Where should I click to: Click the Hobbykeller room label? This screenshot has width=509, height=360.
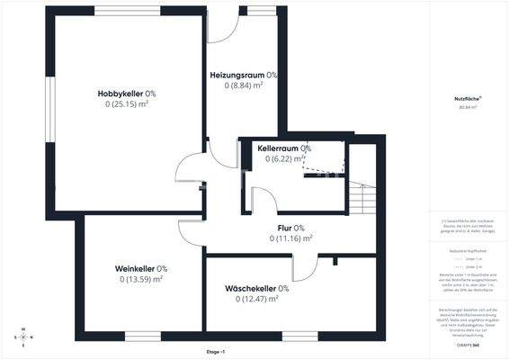[121, 94]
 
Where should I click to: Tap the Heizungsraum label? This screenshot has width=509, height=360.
[237, 75]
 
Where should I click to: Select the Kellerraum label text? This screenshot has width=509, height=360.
[278, 148]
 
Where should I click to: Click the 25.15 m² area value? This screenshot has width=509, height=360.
[127, 104]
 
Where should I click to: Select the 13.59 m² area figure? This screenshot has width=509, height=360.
[140, 279]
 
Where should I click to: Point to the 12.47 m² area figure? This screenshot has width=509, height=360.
[255, 299]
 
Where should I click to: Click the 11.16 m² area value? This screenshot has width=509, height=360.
[290, 238]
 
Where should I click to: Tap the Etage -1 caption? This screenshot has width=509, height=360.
[217, 352]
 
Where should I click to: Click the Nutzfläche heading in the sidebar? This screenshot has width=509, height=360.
[468, 99]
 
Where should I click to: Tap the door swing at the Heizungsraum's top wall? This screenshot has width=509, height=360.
[224, 25]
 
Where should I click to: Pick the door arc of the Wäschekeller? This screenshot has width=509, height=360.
[307, 266]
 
